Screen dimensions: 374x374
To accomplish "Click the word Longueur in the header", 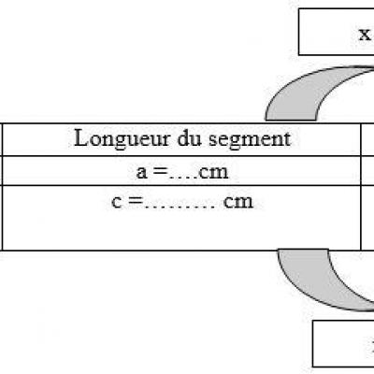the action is [x=122, y=139].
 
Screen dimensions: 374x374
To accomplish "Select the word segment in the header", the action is [x=250, y=140].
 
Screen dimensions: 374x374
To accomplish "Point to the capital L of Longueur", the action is [x=81, y=137].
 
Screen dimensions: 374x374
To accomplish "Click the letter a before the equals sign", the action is [x=141, y=172].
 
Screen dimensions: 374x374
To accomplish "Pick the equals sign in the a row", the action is [x=160, y=172].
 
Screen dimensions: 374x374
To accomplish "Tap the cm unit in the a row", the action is [x=213, y=173].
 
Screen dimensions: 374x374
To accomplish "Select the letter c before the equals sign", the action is [x=116, y=202].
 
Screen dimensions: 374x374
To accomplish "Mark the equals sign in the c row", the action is [x=136, y=202].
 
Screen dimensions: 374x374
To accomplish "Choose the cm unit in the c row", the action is [x=238, y=202].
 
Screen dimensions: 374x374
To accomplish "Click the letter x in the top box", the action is [x=365, y=35].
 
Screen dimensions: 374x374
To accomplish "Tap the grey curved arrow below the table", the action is [x=309, y=280].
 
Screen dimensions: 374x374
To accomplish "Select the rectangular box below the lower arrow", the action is [x=343, y=344].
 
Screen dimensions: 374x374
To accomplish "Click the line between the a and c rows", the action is [x=181, y=185].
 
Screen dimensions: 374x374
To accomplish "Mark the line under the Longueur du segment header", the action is [x=181, y=156].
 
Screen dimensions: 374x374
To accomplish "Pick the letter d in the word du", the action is [x=183, y=138].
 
